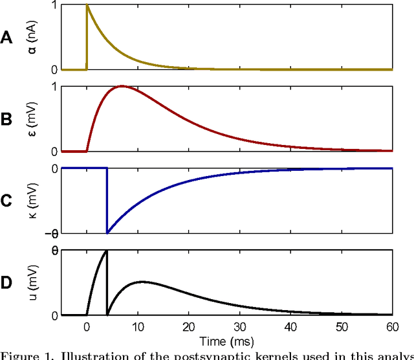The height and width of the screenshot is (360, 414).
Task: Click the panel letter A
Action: coord(6,38)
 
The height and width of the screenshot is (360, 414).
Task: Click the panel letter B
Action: coord(6,120)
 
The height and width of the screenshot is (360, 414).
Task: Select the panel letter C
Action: coord(6,201)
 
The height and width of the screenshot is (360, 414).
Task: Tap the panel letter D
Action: coord(6,283)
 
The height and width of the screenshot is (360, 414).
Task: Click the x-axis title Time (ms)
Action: coord(226,340)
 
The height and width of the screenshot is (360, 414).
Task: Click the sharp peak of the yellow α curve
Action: coord(87,5)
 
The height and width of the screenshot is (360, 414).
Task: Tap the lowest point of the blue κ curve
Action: coord(107,232)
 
